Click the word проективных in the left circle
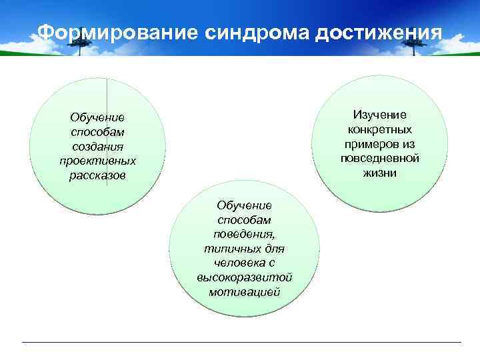pyautogui.click(x=97, y=161)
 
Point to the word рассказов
pyautogui.click(x=97, y=175)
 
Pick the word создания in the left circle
pyautogui.click(x=97, y=146)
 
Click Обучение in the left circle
pyautogui.click(x=97, y=117)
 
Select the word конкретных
pyautogui.click(x=379, y=129)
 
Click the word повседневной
pyautogui.click(x=379, y=159)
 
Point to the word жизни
pyautogui.click(x=379, y=173)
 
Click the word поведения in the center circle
pyautogui.click(x=243, y=234)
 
